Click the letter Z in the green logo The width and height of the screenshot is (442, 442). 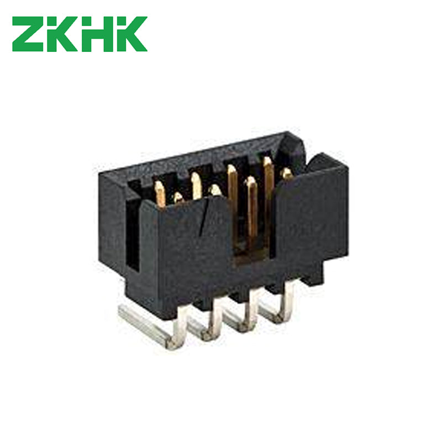pos(28,34)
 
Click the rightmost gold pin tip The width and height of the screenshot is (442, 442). pos(287,173)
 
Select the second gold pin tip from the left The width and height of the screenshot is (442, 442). pos(178,197)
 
